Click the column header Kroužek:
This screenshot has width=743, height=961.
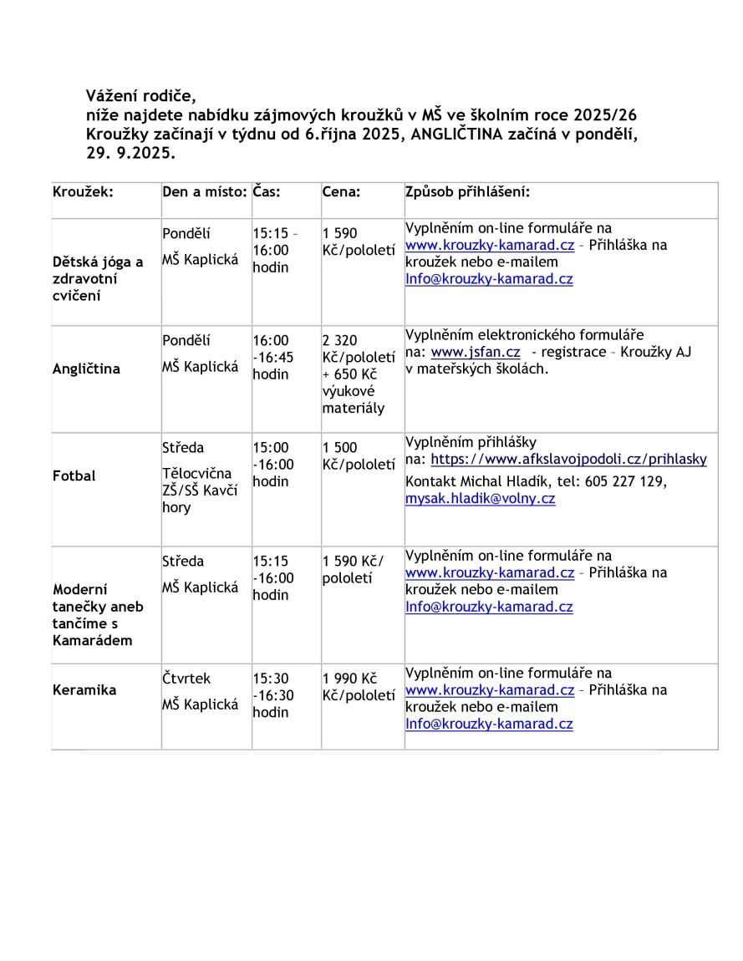pyautogui.click(x=83, y=191)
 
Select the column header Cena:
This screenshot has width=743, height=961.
pyautogui.click(x=341, y=191)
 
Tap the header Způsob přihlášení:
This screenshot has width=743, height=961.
pyautogui.click(x=467, y=191)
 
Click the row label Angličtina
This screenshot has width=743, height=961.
pyautogui.click(x=86, y=369)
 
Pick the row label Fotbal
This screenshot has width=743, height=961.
pyautogui.click(x=74, y=475)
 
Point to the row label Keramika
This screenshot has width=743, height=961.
pyautogui.click(x=84, y=690)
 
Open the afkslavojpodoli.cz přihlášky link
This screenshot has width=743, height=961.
pyautogui.click(x=568, y=459)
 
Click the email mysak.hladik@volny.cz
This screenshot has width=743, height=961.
pyautogui.click(x=480, y=499)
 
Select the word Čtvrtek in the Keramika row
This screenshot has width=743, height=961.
pyautogui.click(x=186, y=679)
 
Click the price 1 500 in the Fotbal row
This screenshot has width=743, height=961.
pyautogui.click(x=339, y=448)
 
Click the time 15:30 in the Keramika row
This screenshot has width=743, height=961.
pyautogui.click(x=271, y=679)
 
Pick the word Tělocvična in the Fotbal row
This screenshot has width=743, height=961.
pyautogui.click(x=196, y=474)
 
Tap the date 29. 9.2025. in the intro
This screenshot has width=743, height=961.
pyautogui.click(x=130, y=154)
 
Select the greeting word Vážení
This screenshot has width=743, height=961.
pyautogui.click(x=112, y=95)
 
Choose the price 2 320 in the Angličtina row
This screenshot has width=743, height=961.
pyautogui.click(x=339, y=340)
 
